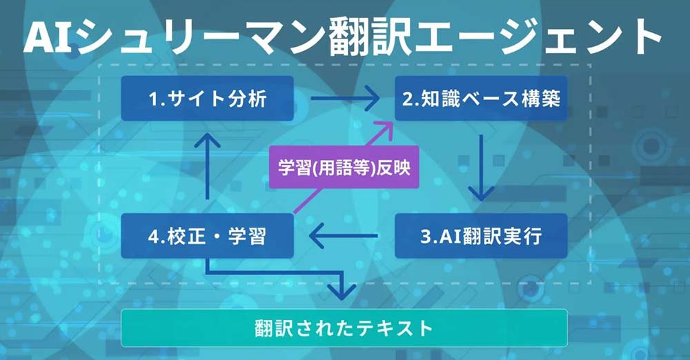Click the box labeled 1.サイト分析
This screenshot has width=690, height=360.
pos(207,98)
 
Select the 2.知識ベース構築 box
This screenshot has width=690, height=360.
pos(481,98)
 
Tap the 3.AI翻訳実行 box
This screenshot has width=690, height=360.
pos(481,236)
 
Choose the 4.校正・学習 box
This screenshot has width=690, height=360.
pos(207,236)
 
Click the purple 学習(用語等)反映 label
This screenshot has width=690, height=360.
pos(344,167)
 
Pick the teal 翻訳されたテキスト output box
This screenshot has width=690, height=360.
pos(344,328)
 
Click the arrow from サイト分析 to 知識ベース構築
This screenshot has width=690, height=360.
pos(344,98)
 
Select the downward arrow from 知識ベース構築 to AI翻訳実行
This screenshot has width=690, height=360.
pos(481,168)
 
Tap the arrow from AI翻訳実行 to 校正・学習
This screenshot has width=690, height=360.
pos(344,236)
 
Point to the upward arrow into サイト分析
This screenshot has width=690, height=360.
pos(207,166)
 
